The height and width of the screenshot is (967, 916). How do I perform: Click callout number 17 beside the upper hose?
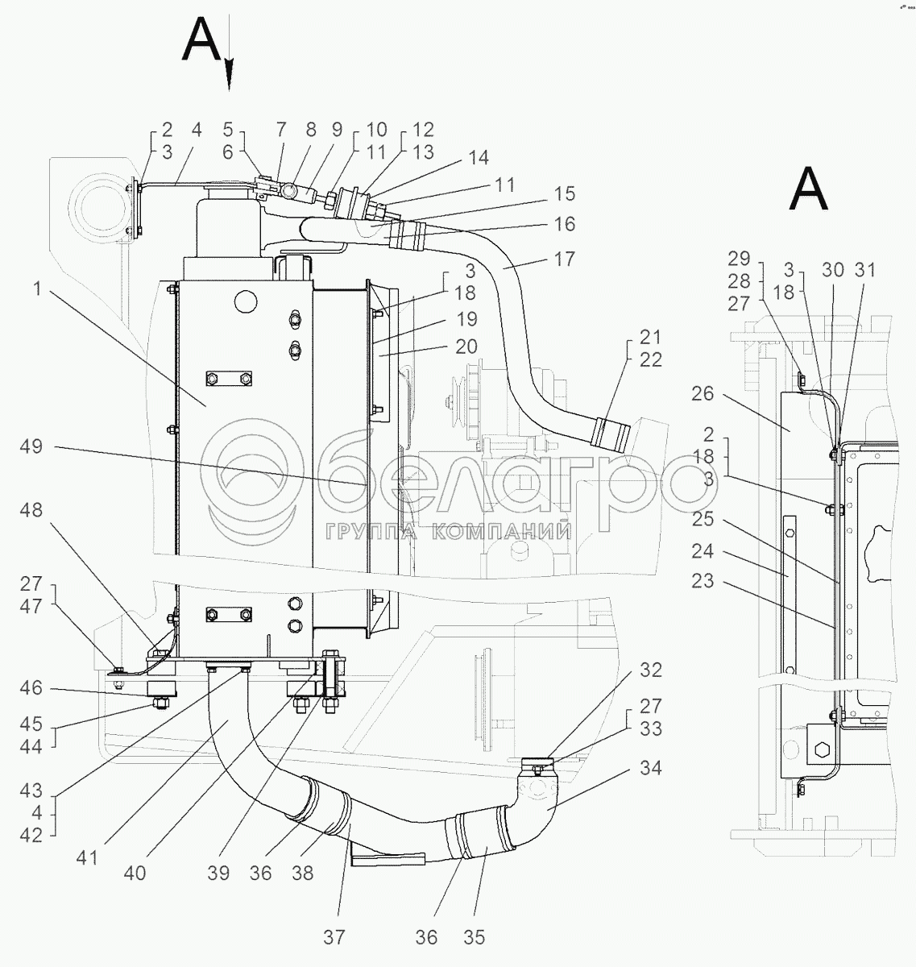(x=565, y=259)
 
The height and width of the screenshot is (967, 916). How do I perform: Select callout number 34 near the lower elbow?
(x=650, y=768)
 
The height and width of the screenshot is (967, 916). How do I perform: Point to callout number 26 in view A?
(x=703, y=392)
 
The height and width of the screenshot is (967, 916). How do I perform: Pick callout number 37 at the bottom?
(x=334, y=937)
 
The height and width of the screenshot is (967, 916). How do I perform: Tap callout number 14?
(x=479, y=158)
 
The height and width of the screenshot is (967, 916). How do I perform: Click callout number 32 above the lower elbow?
(x=650, y=670)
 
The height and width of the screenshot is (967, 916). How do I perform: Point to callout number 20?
(x=466, y=347)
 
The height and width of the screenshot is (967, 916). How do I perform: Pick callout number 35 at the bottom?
(x=475, y=937)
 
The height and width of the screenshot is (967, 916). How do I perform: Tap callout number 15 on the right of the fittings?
(x=565, y=193)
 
